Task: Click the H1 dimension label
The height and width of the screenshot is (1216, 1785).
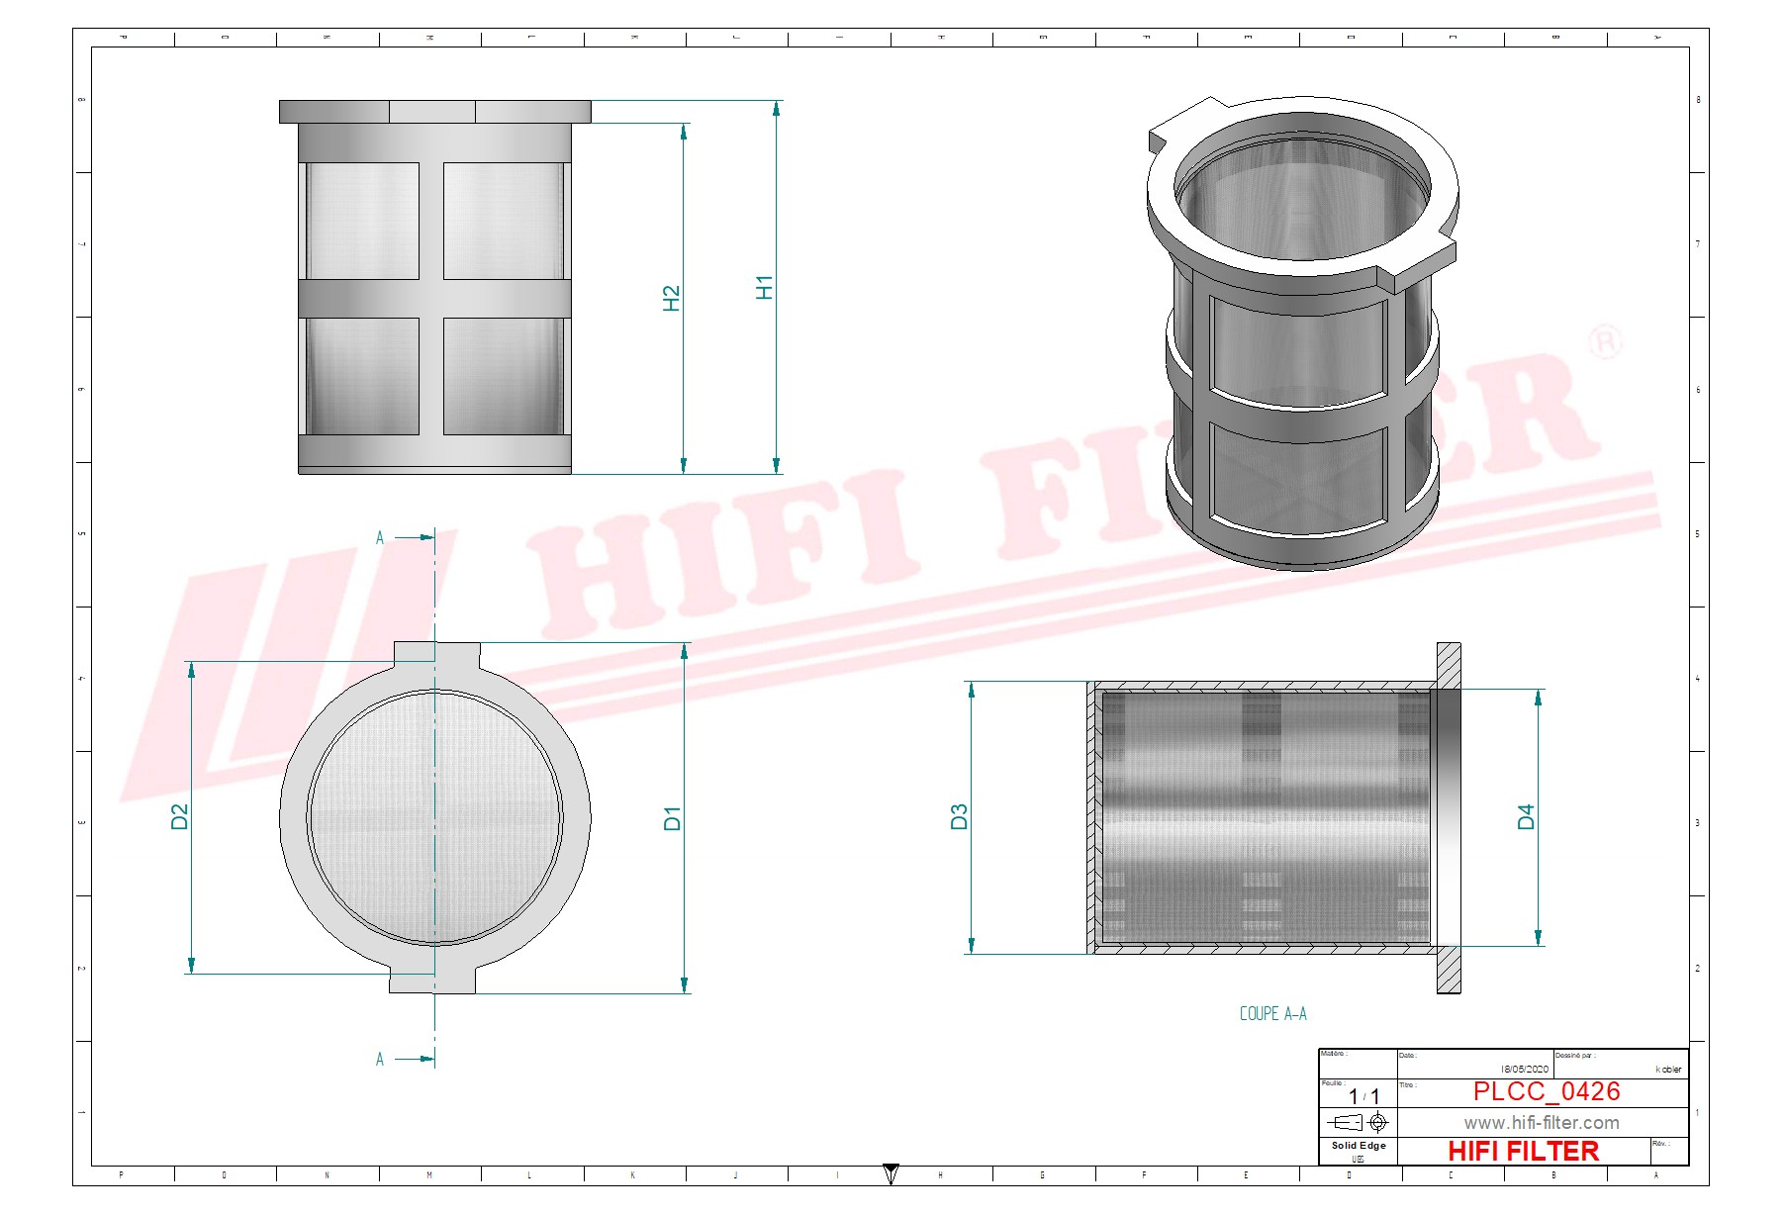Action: tap(764, 287)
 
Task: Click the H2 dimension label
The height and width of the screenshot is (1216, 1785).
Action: tap(672, 298)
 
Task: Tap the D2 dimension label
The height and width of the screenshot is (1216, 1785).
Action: tap(179, 816)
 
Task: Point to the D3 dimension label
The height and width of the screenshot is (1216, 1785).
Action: tap(959, 816)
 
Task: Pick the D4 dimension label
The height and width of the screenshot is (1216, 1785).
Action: tap(1526, 816)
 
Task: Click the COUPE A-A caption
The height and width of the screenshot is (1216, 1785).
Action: tap(1272, 1013)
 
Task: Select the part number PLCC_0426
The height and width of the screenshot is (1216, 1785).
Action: tap(1546, 1091)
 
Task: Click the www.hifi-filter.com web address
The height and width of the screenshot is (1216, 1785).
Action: tap(1541, 1123)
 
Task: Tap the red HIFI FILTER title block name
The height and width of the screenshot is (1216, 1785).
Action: tap(1523, 1151)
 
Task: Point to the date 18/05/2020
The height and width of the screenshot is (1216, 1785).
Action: tap(1524, 1069)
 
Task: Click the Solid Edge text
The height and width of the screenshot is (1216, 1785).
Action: tap(1358, 1146)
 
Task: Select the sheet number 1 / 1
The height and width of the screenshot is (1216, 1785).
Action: tap(1363, 1096)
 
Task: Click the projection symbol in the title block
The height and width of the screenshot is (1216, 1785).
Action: tap(1358, 1122)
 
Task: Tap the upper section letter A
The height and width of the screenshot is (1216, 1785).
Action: tap(380, 538)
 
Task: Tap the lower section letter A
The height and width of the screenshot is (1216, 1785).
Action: tap(380, 1060)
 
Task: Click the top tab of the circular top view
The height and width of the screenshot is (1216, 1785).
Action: tap(436, 653)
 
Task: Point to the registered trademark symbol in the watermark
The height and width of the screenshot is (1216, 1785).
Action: tap(1604, 342)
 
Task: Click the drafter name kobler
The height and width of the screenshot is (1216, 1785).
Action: tap(1668, 1069)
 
